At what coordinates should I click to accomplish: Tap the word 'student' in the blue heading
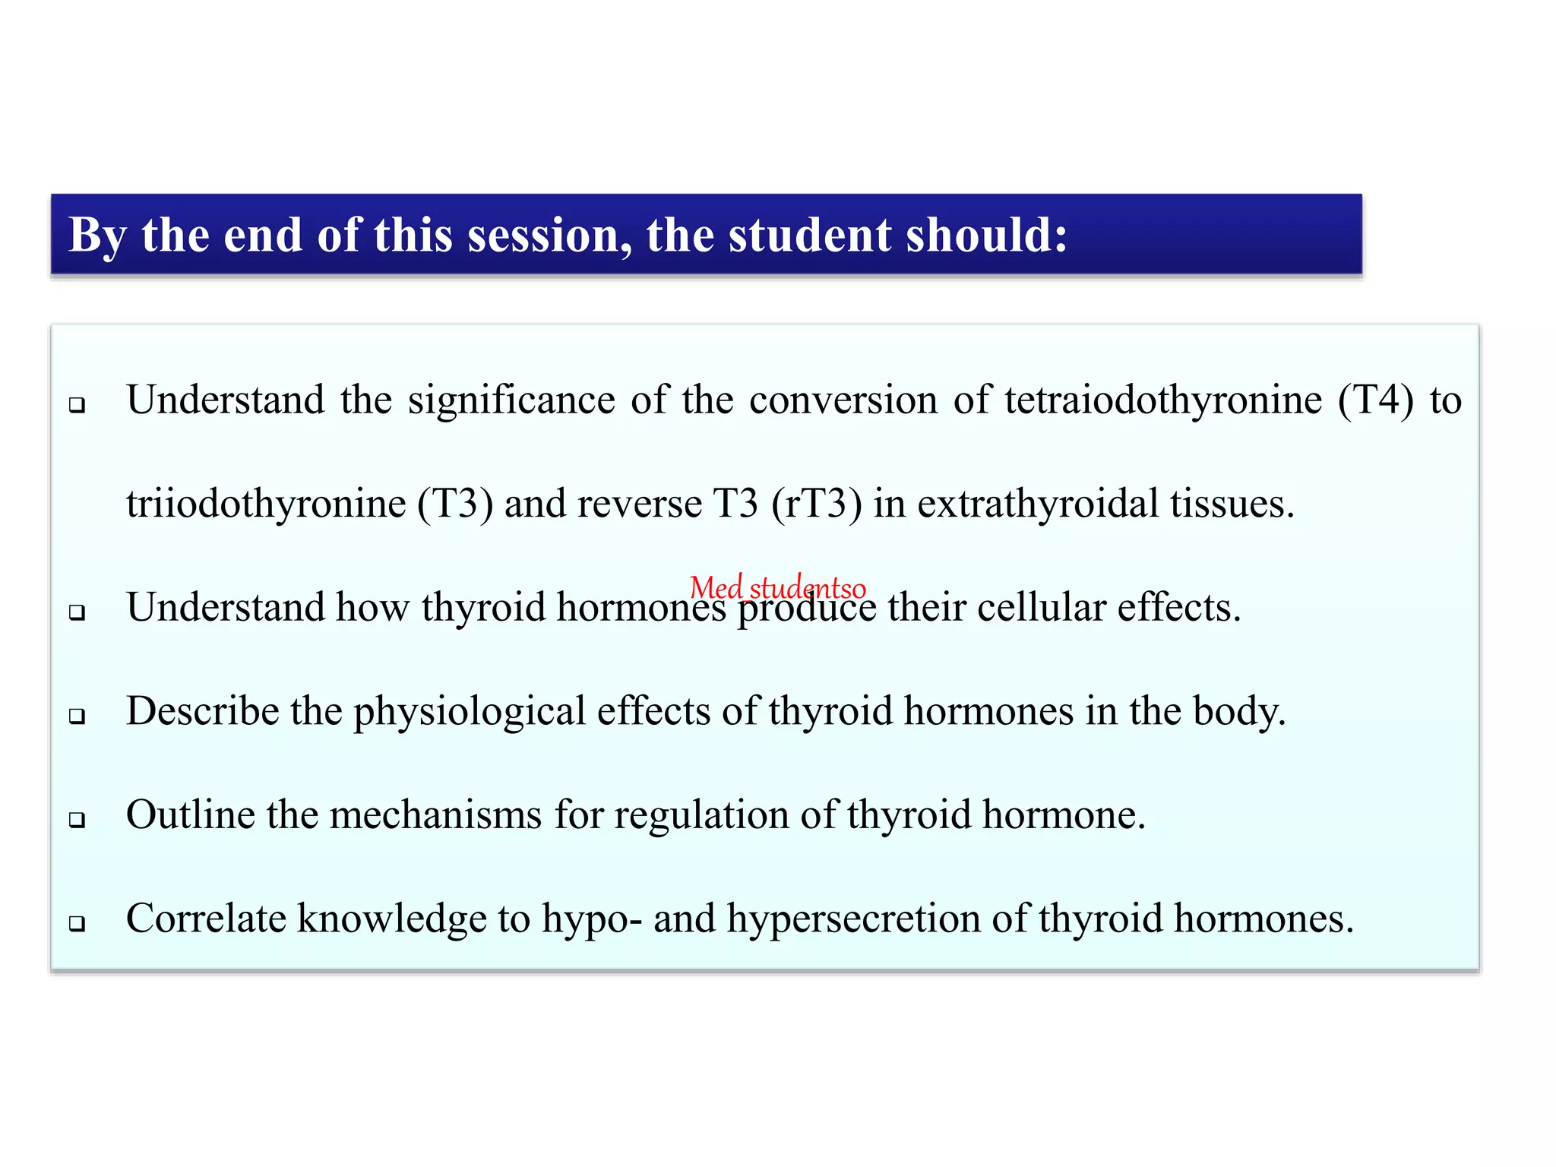click(x=809, y=236)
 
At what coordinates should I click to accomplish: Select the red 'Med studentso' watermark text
click(x=777, y=588)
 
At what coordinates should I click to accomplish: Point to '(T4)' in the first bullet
click(x=1376, y=400)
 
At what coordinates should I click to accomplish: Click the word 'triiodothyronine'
click(x=266, y=504)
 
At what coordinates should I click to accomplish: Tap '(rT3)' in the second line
click(x=817, y=504)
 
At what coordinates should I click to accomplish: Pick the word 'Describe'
click(x=203, y=712)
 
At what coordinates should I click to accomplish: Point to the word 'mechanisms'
click(x=436, y=815)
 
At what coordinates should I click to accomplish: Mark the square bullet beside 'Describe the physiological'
click(x=77, y=716)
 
